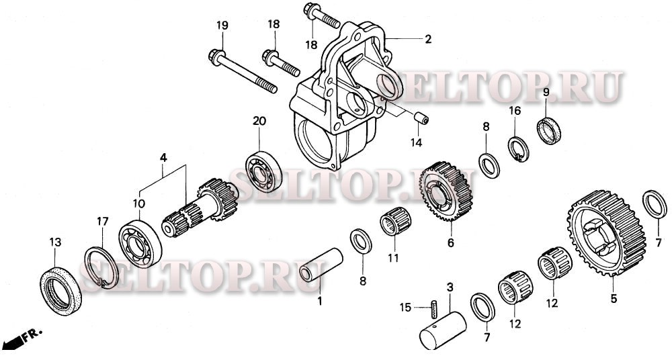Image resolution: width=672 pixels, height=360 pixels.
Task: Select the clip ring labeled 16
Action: click(516, 148)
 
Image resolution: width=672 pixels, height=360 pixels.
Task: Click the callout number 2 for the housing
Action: click(427, 40)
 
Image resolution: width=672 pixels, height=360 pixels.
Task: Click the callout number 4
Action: click(163, 157)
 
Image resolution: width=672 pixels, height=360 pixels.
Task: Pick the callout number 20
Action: click(259, 121)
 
